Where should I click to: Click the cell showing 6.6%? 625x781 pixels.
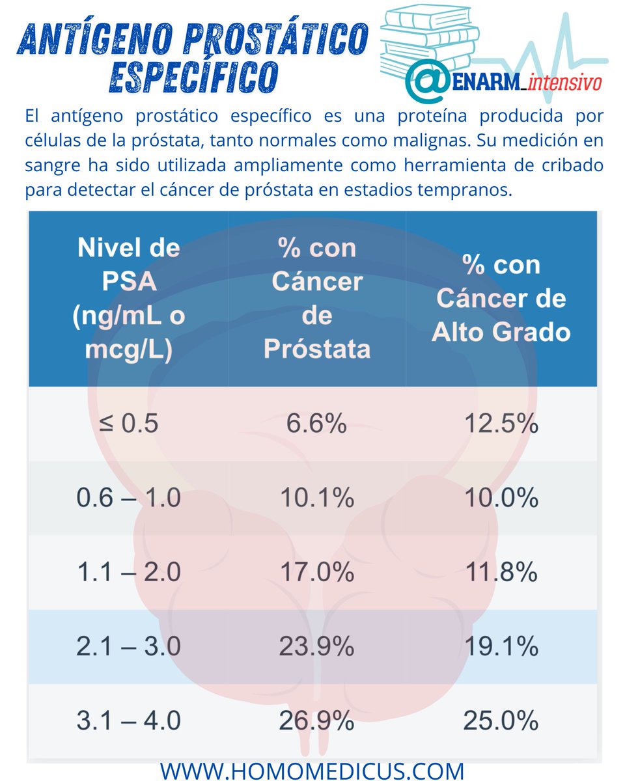click(317, 424)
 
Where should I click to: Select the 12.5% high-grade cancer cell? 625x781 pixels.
click(501, 424)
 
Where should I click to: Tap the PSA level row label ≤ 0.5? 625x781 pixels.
click(128, 424)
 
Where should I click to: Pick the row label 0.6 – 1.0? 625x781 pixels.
click(128, 499)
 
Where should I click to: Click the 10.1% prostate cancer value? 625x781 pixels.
click(317, 499)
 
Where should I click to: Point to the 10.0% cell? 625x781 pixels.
click(501, 499)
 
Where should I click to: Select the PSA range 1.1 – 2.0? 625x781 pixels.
click(128, 573)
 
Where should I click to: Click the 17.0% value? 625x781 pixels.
click(317, 573)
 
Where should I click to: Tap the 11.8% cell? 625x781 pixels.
click(501, 573)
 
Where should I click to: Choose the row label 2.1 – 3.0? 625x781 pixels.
click(128, 647)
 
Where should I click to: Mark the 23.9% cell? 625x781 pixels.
click(317, 647)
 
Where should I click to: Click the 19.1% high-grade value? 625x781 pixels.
click(501, 647)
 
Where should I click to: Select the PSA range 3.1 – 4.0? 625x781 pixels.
click(128, 721)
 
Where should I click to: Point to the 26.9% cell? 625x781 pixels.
click(317, 721)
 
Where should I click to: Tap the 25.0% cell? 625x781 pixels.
click(501, 721)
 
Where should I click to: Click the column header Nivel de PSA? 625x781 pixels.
click(128, 299)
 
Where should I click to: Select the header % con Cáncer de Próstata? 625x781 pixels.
click(317, 299)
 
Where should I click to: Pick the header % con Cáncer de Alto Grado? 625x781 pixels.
click(501, 299)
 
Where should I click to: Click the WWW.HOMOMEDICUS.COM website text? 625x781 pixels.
click(312, 771)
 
